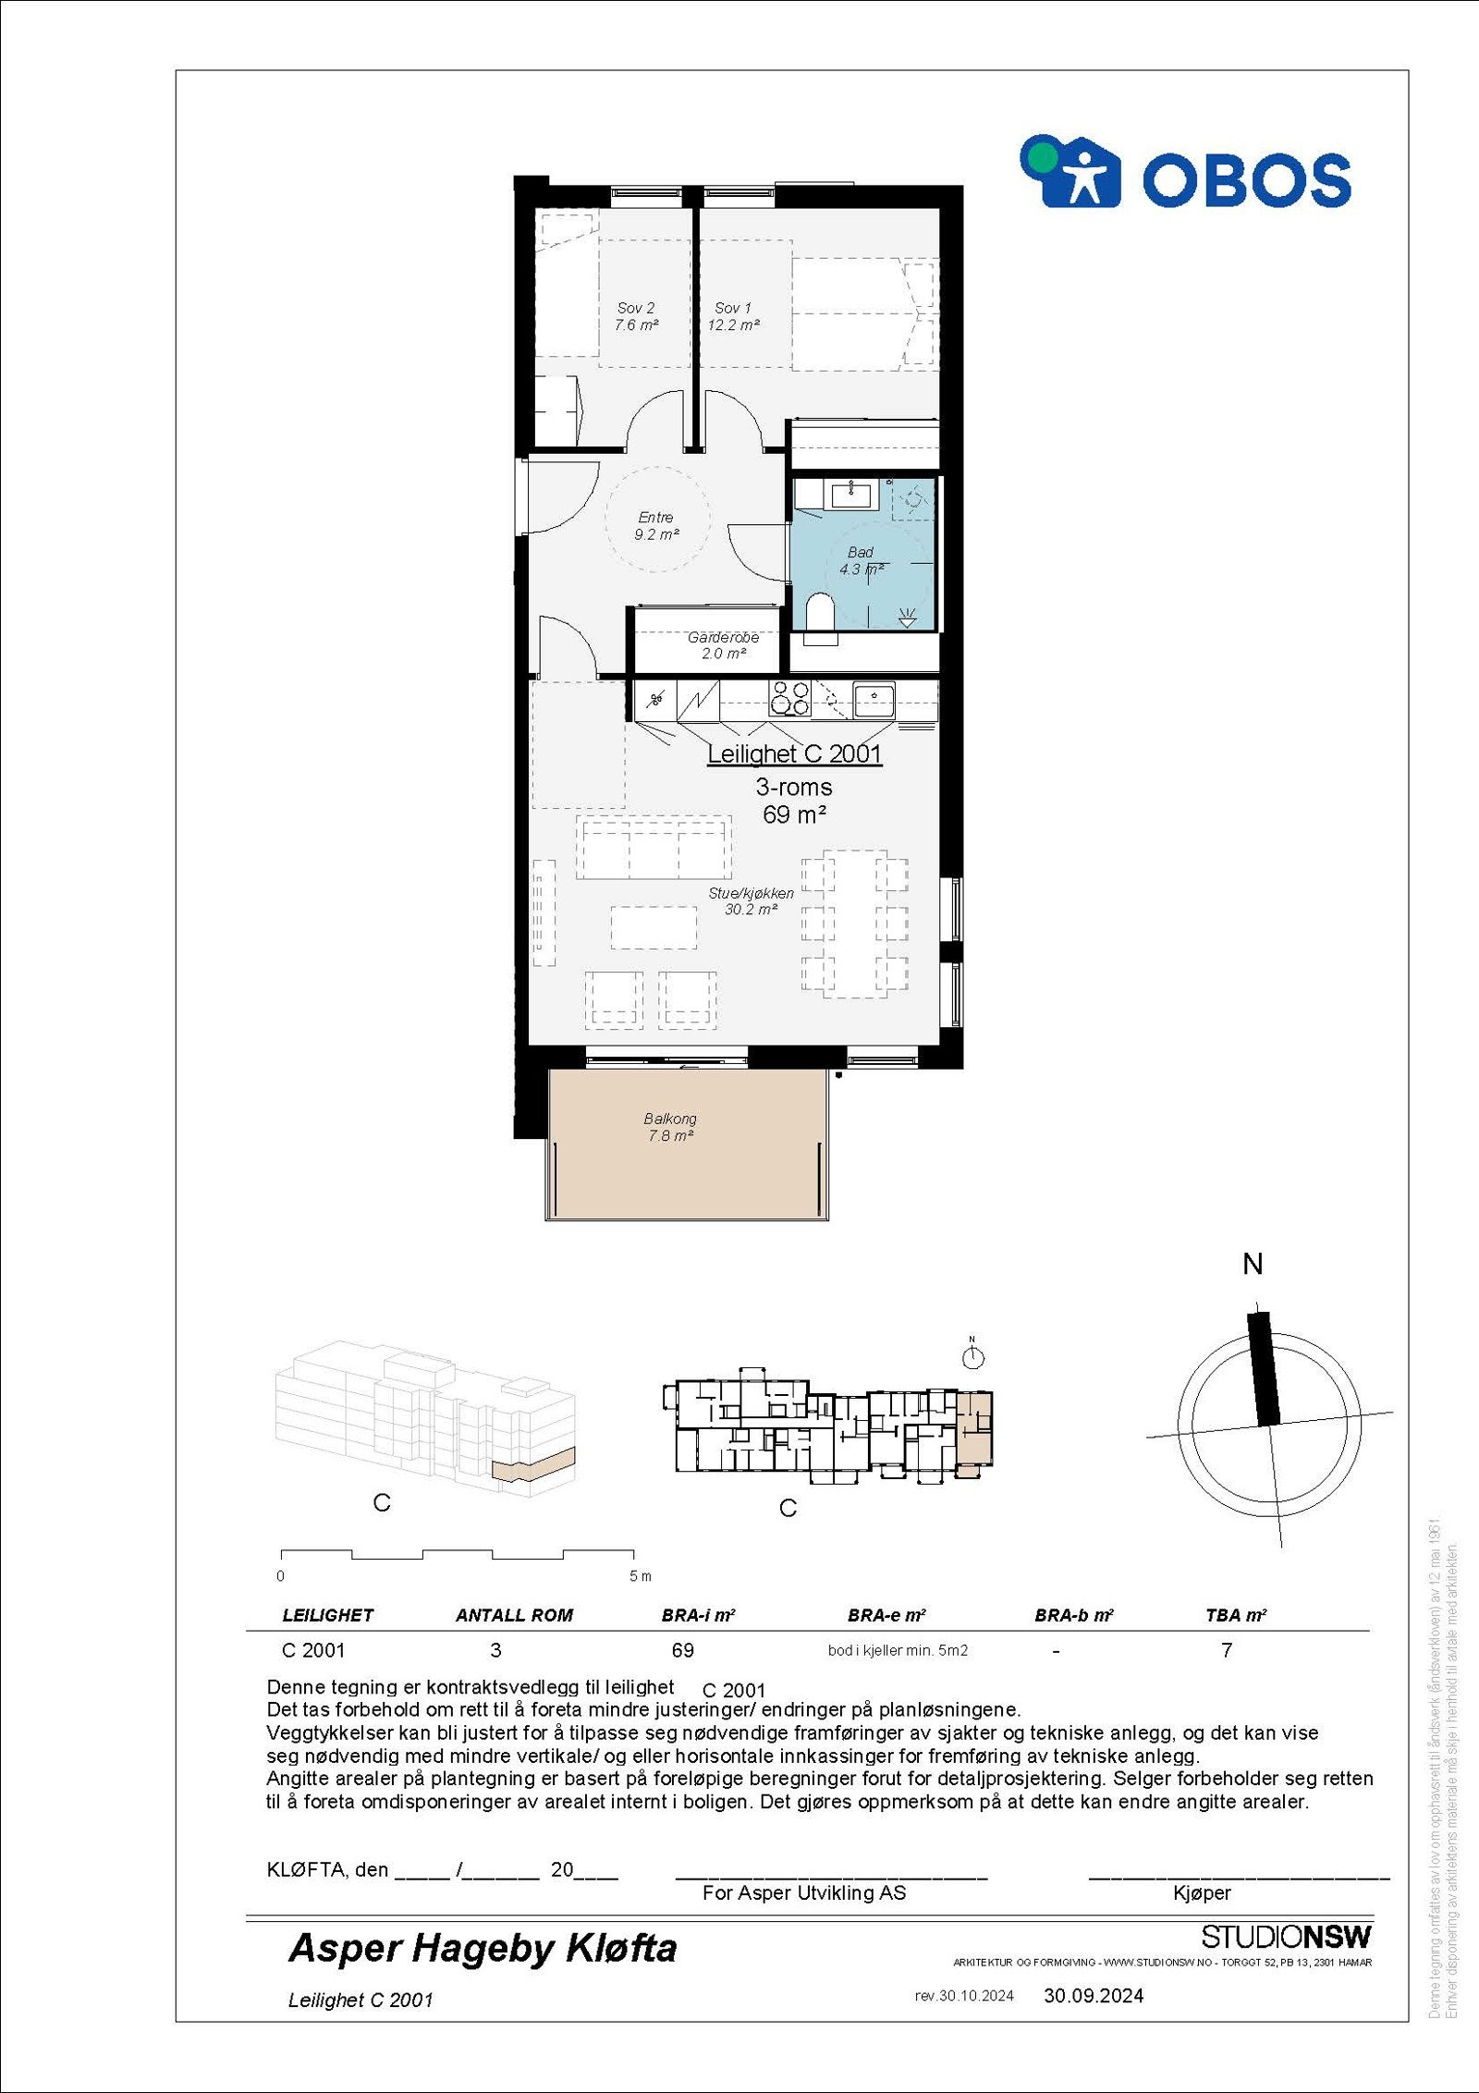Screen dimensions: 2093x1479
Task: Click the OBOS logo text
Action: (1246, 179)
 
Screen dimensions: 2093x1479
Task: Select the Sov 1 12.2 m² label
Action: (733, 316)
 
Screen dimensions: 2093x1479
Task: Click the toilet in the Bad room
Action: (820, 614)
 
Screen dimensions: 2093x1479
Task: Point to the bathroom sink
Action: (850, 496)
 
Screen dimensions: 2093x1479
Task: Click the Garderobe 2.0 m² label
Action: (723, 645)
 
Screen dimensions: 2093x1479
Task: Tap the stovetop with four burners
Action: (789, 698)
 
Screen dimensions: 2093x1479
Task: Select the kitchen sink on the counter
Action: (873, 698)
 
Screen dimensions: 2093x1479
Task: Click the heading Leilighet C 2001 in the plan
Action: (794, 754)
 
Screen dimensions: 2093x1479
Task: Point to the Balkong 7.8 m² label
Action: (670, 1127)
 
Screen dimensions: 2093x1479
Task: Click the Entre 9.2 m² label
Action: (655, 526)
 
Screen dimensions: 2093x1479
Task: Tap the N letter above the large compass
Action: (1253, 1265)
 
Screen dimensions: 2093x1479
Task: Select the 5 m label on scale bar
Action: (640, 1576)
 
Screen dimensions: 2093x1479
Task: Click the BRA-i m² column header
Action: (698, 1615)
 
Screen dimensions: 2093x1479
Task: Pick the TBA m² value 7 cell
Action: (1227, 1650)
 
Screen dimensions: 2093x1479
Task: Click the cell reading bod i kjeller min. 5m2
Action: (898, 1650)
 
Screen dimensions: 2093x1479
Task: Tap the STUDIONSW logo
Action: (1286, 1936)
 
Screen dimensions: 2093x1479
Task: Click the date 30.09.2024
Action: (1094, 1995)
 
